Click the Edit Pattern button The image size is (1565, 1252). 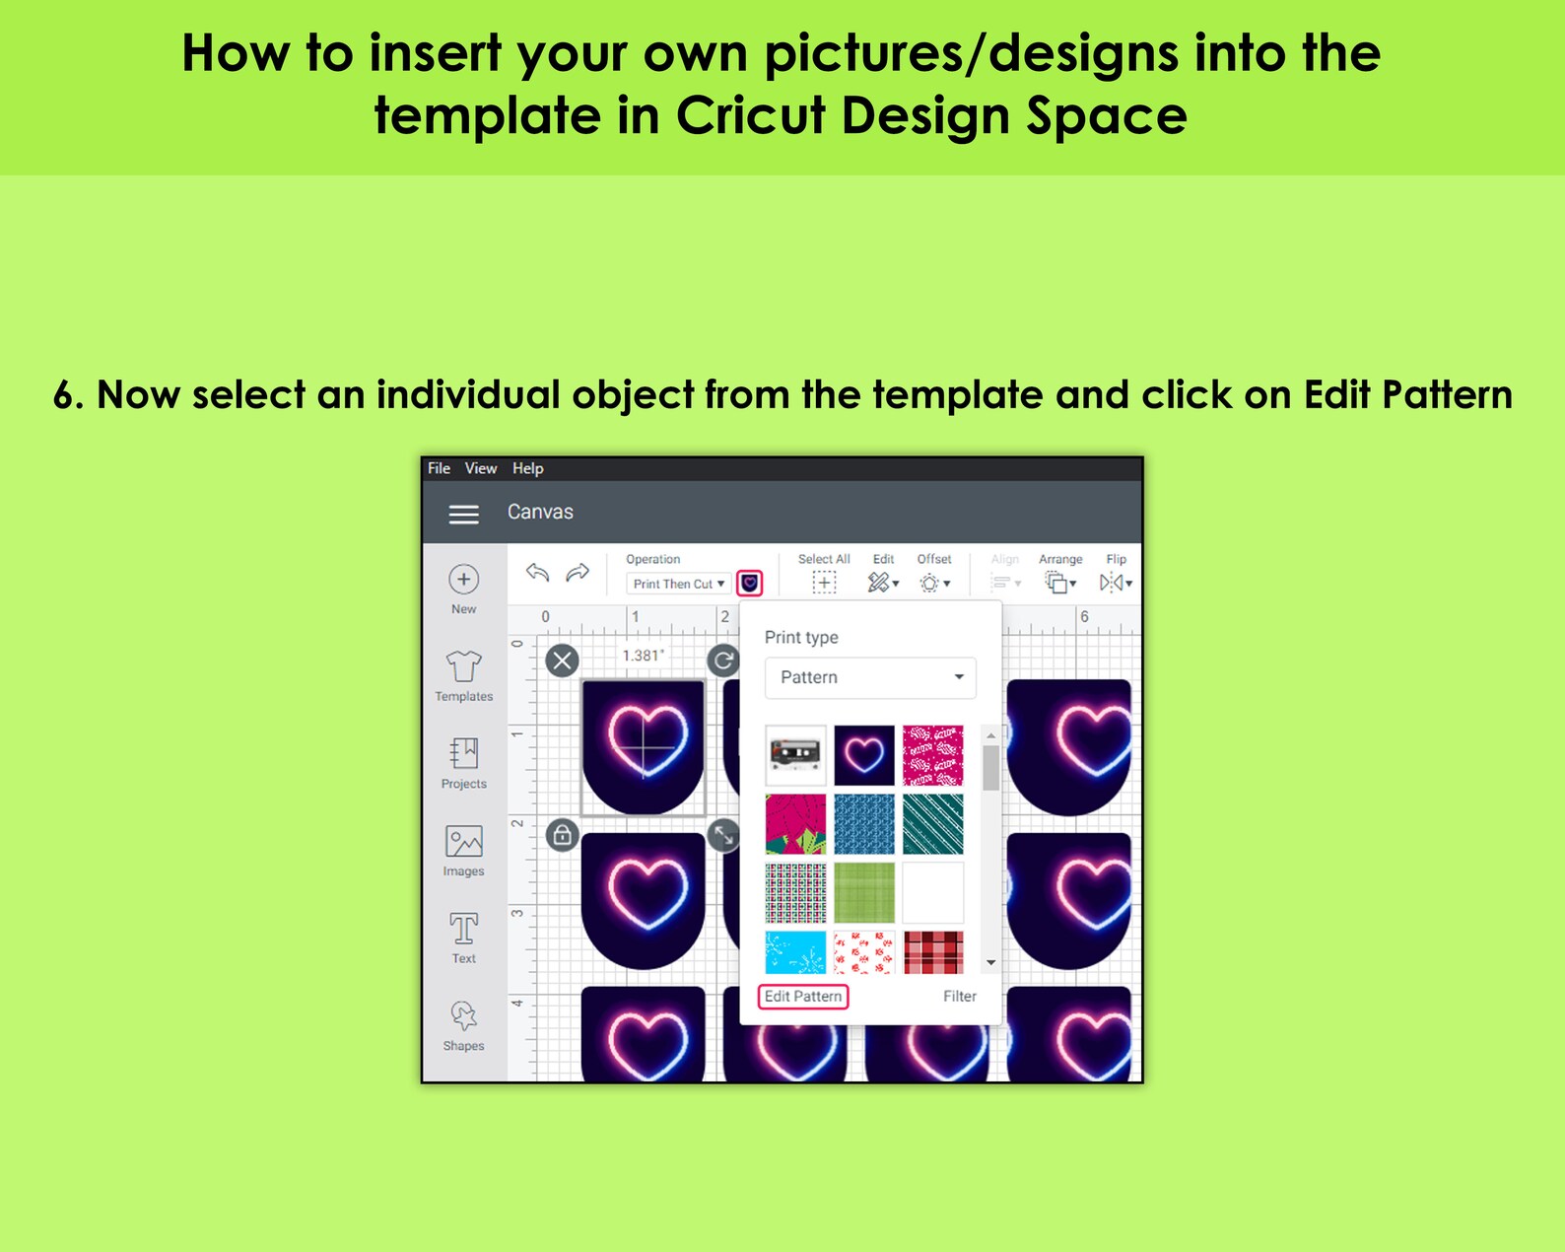803,997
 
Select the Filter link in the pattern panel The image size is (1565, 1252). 959,997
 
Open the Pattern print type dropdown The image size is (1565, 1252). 870,677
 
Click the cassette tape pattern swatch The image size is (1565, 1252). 795,755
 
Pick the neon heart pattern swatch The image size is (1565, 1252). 864,755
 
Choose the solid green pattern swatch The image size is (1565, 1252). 864,892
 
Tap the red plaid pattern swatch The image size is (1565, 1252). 933,952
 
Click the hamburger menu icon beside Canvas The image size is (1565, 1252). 464,514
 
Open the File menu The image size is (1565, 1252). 439,468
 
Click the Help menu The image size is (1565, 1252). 527,468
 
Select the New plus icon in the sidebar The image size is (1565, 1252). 464,580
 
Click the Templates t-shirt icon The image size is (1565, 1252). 464,667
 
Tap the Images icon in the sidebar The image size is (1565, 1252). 464,842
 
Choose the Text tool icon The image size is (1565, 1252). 464,929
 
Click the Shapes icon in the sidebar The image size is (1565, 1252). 464,1016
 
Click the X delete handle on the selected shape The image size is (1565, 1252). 563,661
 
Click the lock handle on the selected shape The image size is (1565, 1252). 562,836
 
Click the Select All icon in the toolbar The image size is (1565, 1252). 824,583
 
